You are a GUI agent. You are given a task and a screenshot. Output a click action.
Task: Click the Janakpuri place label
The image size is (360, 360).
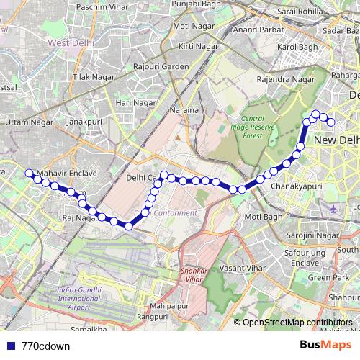(86, 122)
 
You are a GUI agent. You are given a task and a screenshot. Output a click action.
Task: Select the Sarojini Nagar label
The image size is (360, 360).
(307, 235)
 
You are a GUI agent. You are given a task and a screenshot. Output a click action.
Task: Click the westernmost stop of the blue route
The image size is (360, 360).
(30, 173)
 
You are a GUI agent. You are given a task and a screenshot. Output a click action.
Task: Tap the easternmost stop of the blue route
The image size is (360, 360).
(332, 122)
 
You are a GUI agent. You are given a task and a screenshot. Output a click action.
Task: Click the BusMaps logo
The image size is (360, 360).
(325, 345)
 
